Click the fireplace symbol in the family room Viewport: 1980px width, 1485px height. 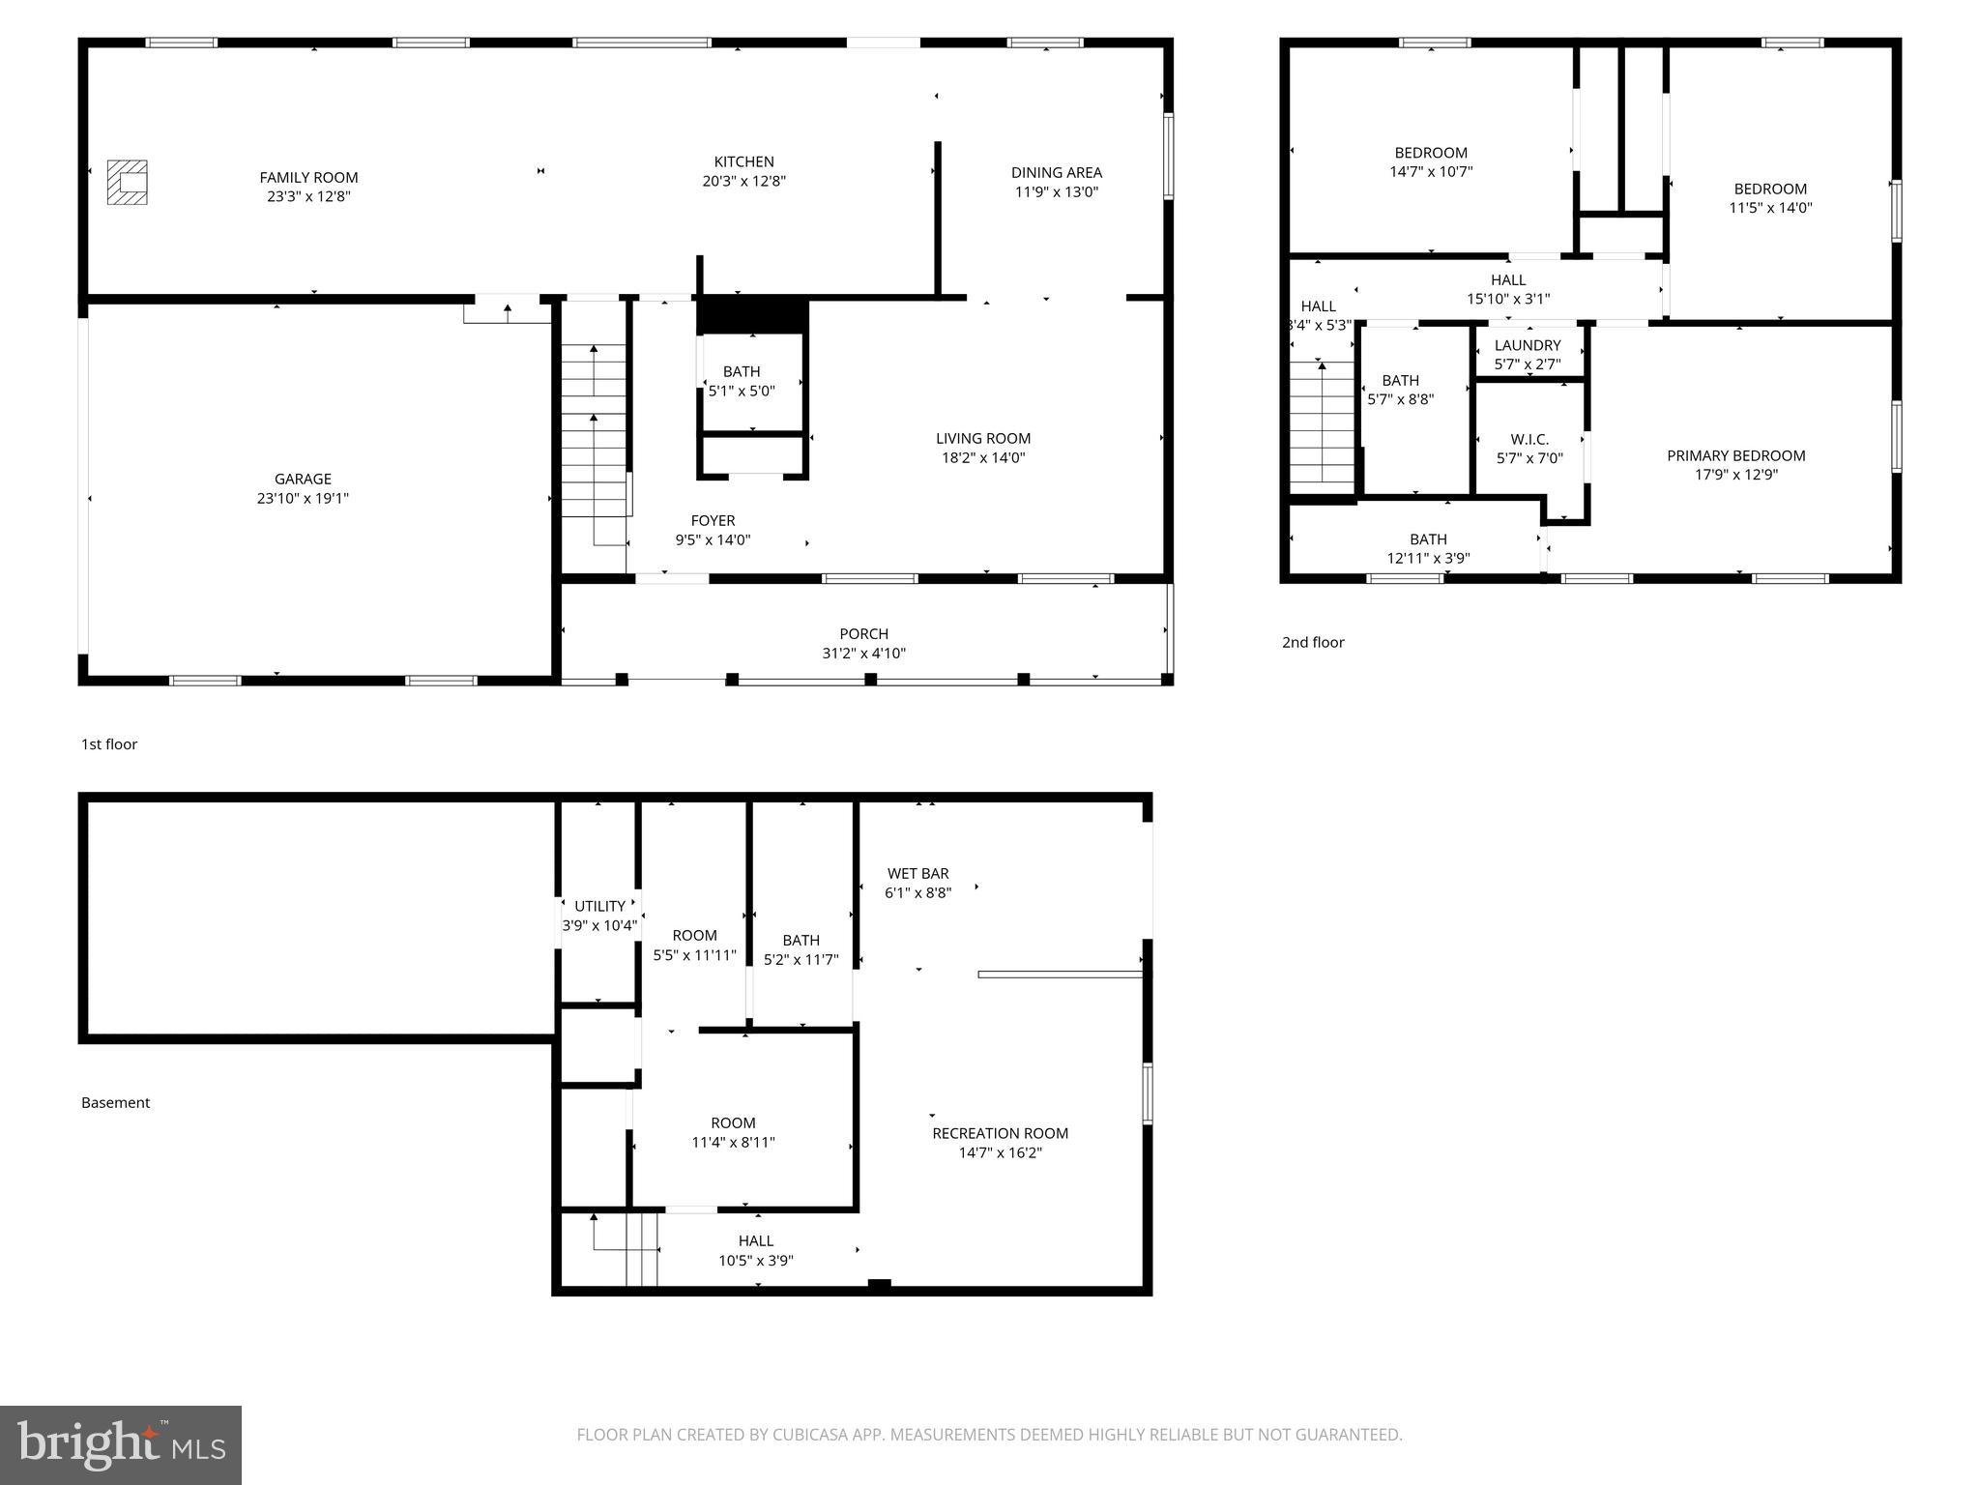127,182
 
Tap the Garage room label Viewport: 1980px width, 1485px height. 303,479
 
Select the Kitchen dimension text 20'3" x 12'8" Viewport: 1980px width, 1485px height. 743,181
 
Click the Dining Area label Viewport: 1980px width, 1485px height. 1056,172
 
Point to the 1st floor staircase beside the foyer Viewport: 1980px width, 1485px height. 595,425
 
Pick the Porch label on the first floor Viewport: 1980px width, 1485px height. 863,634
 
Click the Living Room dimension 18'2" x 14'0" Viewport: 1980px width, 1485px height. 982,457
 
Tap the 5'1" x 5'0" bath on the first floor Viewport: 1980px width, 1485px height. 742,382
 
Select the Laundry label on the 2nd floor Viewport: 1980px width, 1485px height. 1527,345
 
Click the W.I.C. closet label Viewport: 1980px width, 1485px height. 1529,439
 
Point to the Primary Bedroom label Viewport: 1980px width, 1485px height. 1735,455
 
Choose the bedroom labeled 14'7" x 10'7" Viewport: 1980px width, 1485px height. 1430,162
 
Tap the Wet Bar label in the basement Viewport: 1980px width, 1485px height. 917,873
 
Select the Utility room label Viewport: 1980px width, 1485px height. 599,906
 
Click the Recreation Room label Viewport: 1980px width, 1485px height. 1000,1133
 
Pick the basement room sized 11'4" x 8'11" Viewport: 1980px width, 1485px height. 733,1132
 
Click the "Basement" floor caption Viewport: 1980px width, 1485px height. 115,1102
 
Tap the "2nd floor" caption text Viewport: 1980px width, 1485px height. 1312,642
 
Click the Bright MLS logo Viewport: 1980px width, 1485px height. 120,1444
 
